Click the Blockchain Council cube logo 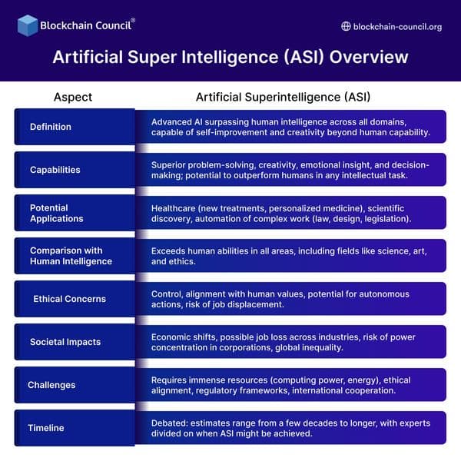coord(28,25)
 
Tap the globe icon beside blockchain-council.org coord(346,26)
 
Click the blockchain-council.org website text coord(397,26)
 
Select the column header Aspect coord(73,97)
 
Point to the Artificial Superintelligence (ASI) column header coord(283,97)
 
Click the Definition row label coord(51,127)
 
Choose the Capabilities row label coord(55,170)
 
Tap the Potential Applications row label coord(57,213)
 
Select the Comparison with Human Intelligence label coord(71,256)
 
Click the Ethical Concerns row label coord(69,299)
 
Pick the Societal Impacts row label coord(65,342)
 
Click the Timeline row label coord(46,428)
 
